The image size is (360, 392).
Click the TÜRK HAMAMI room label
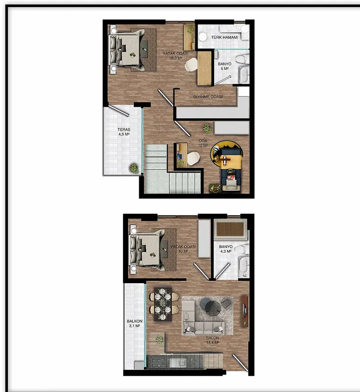click(225, 37)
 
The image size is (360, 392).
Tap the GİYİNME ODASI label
click(207, 97)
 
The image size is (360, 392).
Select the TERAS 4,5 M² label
click(124, 132)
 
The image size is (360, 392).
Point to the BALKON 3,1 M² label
click(134, 323)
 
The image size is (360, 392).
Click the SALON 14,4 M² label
click(212, 340)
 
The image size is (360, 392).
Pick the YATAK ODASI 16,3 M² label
click(176, 56)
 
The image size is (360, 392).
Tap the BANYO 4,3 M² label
click(226, 249)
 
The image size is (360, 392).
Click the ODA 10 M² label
click(203, 143)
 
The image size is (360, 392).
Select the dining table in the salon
click(163, 304)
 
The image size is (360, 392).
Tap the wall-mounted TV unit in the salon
click(244, 312)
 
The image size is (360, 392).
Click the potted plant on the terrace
click(133, 168)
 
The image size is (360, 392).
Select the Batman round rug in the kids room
click(226, 154)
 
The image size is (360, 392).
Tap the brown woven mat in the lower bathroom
click(230, 229)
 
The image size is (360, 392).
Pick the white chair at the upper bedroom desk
click(191, 64)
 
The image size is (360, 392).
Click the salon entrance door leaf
click(240, 363)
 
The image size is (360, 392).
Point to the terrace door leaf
click(119, 111)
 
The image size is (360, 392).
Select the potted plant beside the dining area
click(159, 340)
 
